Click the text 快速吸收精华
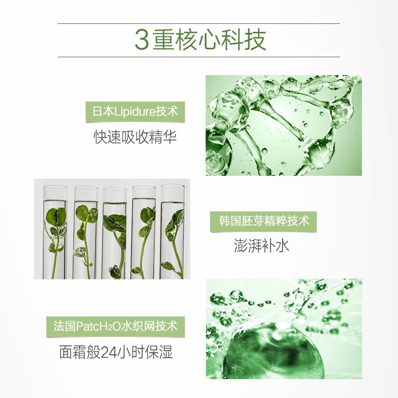point(135,137)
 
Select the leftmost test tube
point(55,231)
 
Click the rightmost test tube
point(172,231)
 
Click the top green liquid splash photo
point(284,125)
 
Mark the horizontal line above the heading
point(199,23)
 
